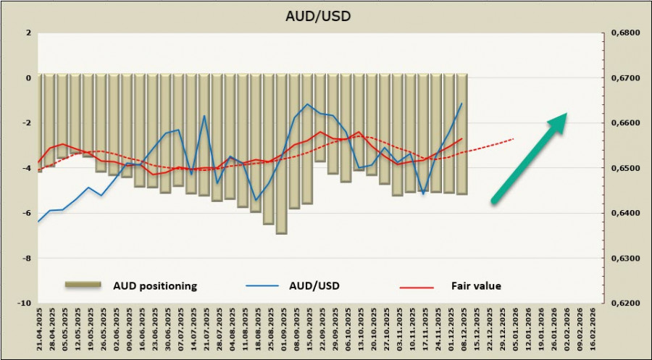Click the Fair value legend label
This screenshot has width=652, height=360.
click(x=476, y=286)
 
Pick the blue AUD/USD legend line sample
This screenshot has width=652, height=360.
click(x=264, y=286)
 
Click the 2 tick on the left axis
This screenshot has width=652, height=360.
click(x=28, y=33)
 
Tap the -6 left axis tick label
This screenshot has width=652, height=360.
click(x=26, y=213)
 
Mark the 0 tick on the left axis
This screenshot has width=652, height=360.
click(x=28, y=78)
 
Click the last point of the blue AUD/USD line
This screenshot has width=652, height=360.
click(x=461, y=104)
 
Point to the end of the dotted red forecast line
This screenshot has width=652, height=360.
click(x=514, y=138)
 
